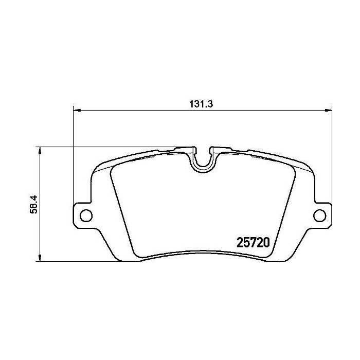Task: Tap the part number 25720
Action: point(253,242)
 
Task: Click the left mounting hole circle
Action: point(86,215)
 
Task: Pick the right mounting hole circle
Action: point(319,215)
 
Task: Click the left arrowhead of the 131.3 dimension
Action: point(77,109)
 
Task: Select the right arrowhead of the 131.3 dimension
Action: point(329,109)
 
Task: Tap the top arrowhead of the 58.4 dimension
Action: point(40,150)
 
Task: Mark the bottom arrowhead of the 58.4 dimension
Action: point(40,259)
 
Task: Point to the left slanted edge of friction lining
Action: point(122,211)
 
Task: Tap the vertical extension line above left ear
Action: point(74,154)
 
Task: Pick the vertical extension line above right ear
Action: point(332,154)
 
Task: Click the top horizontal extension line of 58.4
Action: point(103,147)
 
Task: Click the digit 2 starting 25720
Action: point(239,242)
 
